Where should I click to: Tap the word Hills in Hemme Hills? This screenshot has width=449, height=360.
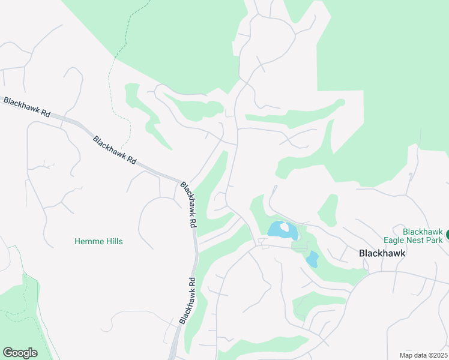pos(112,241)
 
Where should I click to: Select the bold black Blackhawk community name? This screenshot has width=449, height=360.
pos(382,253)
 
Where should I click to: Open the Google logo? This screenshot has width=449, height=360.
pos(20,353)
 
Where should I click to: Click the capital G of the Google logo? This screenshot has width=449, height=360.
pos(7,353)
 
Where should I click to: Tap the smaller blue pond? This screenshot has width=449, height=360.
pos(312,259)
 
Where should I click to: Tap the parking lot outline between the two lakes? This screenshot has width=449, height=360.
pos(299,245)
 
